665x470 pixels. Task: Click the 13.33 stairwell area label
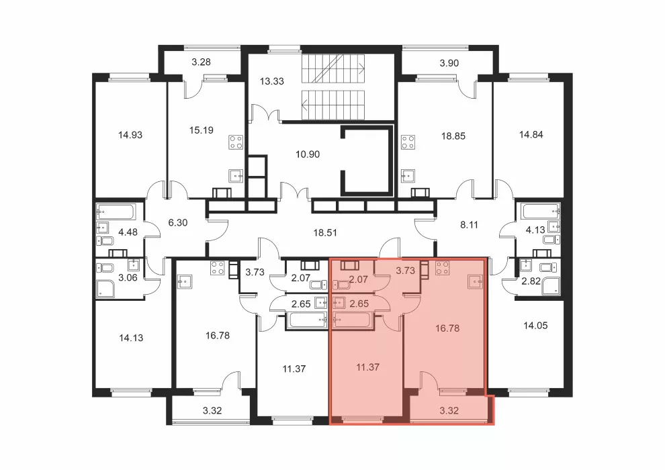pyautogui.click(x=272, y=81)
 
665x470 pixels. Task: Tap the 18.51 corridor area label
pyautogui.click(x=325, y=233)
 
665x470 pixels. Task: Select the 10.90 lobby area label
pyautogui.click(x=308, y=154)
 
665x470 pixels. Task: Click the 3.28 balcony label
pyautogui.click(x=201, y=62)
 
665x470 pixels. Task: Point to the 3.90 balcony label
pyautogui.click(x=449, y=63)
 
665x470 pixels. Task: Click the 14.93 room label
pyautogui.click(x=130, y=135)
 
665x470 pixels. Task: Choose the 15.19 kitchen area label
pyautogui.click(x=201, y=130)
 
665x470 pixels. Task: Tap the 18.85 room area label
pyautogui.click(x=453, y=136)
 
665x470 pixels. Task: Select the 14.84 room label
pyautogui.click(x=531, y=135)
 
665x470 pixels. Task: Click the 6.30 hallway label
pyautogui.click(x=178, y=222)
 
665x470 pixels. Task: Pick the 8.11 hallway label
pyautogui.click(x=469, y=225)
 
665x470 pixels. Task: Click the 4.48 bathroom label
pyautogui.click(x=128, y=232)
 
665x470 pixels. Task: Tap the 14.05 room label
pyautogui.click(x=535, y=326)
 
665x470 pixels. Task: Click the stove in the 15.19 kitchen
pyautogui.click(x=236, y=142)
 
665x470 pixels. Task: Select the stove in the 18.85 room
pyautogui.click(x=408, y=142)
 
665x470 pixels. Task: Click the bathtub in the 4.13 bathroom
pyautogui.click(x=541, y=211)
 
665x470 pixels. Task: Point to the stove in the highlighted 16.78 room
pyautogui.click(x=443, y=268)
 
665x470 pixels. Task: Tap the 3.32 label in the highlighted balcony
pyautogui.click(x=449, y=410)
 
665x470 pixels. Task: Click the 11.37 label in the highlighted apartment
pyautogui.click(x=367, y=367)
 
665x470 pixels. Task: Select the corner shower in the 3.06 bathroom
pyautogui.click(x=107, y=287)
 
